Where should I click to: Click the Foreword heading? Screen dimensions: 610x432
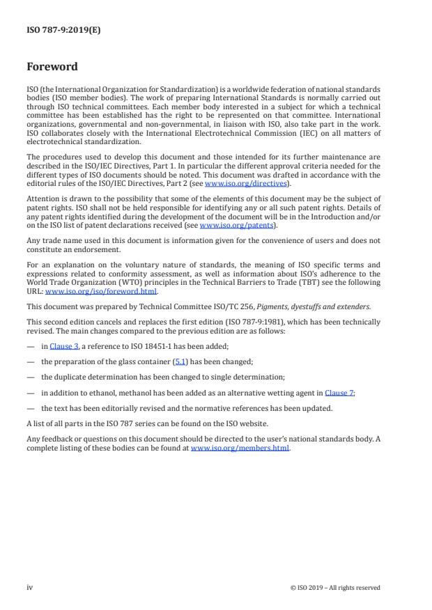(52, 67)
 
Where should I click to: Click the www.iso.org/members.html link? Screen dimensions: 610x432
(240, 449)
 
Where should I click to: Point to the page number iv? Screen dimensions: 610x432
(30, 587)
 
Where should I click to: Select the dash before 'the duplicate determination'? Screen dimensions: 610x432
(30, 377)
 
